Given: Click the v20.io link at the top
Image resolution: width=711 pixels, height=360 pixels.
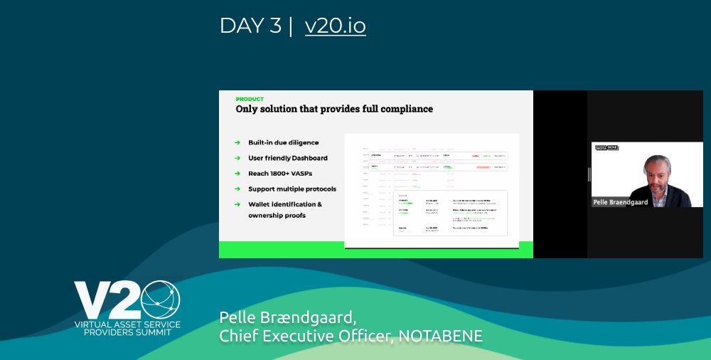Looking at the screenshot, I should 335,26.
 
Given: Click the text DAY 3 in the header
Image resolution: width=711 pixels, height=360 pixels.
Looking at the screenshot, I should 251,26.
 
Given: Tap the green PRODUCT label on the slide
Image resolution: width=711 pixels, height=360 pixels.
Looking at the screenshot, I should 250,99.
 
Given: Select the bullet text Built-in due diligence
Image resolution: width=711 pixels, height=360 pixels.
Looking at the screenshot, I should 283,142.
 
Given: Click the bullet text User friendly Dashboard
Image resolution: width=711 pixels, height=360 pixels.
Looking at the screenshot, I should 287,158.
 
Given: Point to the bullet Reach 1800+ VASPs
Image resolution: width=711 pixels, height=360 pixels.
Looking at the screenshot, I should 280,174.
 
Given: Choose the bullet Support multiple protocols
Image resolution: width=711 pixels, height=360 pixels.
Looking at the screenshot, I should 292,189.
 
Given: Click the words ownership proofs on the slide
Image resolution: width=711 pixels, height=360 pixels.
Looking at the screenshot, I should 277,215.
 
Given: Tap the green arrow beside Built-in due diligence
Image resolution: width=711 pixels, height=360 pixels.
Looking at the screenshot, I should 237,142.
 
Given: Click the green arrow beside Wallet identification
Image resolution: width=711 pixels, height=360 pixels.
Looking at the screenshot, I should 237,205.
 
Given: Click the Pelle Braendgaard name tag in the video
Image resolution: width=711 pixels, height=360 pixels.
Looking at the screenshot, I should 621,203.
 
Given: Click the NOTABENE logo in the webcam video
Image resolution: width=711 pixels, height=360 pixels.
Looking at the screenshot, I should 606,148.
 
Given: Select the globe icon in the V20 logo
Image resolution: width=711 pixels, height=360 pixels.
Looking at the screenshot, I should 160,300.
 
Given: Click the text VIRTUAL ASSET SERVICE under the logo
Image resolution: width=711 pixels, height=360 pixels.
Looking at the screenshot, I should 127,324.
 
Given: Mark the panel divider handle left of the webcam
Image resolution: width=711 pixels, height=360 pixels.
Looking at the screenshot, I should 589,174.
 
